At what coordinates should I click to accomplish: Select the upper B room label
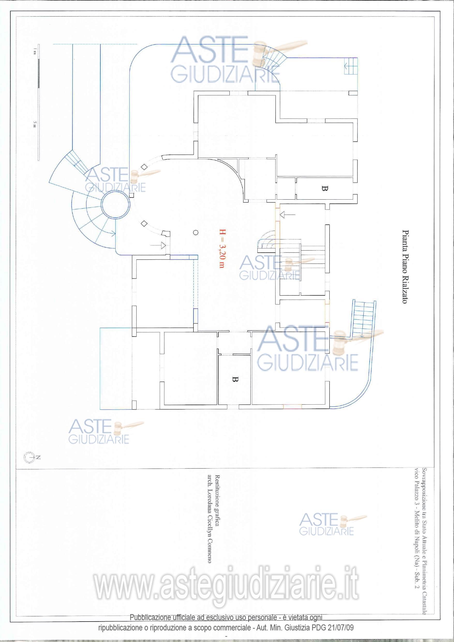click(324, 188)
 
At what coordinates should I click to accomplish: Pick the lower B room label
click(235, 379)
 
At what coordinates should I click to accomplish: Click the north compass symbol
click(29, 457)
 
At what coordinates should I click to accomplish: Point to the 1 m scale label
click(35, 51)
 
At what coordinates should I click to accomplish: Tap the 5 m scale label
click(35, 124)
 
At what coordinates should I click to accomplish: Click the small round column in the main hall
click(196, 232)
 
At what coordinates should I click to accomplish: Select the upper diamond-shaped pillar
click(144, 167)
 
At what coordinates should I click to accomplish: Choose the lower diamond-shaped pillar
click(144, 223)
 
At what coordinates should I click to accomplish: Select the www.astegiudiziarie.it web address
click(226, 586)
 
